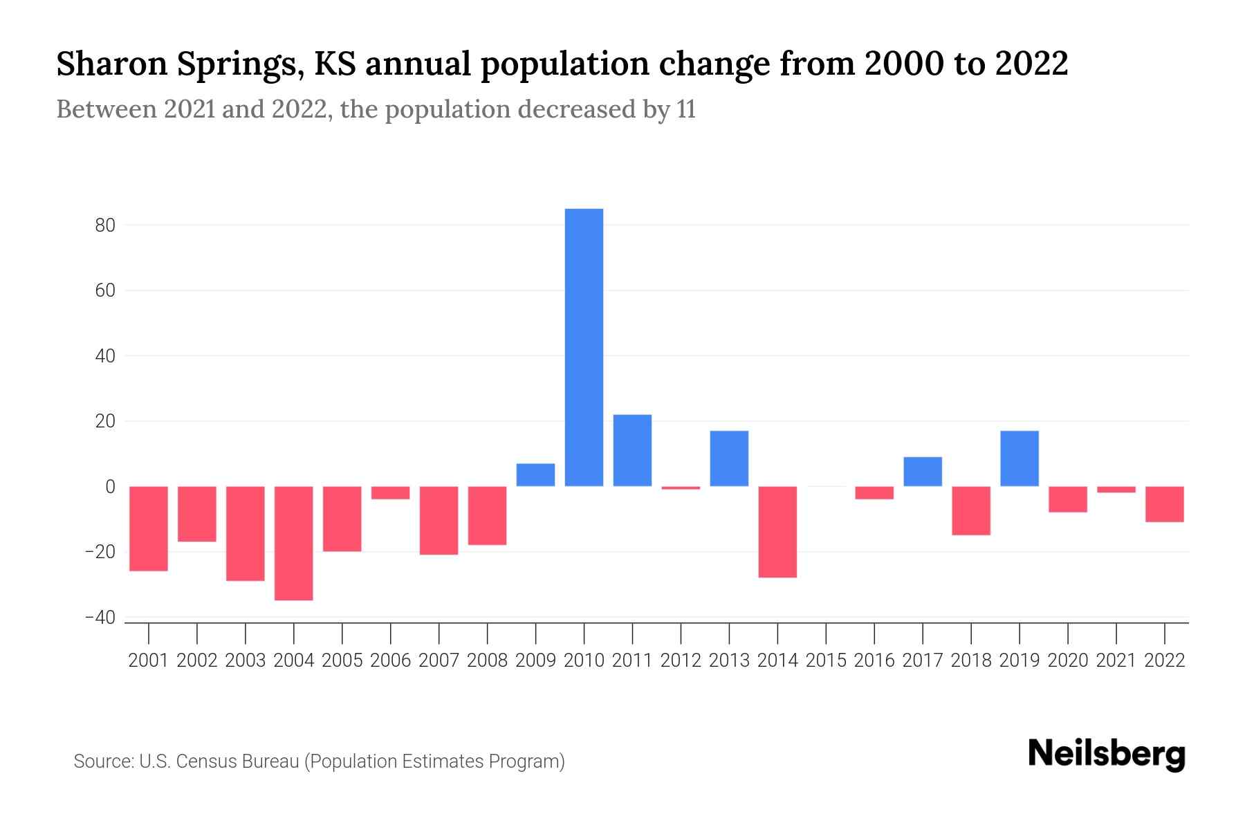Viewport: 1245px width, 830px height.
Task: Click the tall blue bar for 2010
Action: click(584, 347)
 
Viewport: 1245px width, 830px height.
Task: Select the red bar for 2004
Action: click(294, 543)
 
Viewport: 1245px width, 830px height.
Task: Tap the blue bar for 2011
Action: click(632, 450)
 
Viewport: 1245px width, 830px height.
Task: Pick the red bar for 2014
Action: click(777, 531)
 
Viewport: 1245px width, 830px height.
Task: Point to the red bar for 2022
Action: click(1165, 504)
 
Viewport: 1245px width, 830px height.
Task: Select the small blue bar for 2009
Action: click(535, 474)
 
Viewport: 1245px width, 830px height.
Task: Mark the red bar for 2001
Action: click(149, 528)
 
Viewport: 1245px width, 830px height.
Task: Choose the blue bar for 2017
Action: click(923, 472)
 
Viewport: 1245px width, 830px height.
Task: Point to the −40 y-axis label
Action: click(100, 618)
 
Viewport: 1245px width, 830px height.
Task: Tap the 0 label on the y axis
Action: click(110, 487)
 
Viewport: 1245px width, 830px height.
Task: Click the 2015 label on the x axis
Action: click(826, 661)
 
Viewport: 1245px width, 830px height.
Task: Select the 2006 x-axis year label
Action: click(391, 661)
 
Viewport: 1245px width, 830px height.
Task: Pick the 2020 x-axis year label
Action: click(1068, 661)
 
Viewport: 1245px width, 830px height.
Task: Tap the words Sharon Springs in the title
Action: click(180, 64)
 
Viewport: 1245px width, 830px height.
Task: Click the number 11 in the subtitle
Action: click(685, 109)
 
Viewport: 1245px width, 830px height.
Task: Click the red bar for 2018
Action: click(971, 510)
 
